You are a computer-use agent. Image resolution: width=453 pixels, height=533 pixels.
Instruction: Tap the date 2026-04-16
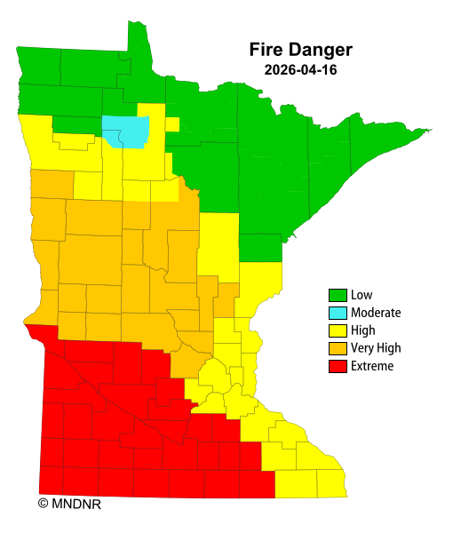[300, 68]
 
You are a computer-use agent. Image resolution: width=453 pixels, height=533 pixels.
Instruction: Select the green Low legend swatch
[338, 295]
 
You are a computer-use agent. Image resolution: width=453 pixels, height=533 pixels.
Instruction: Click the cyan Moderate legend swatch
[338, 313]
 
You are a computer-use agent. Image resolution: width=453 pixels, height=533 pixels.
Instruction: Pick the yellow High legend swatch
[338, 330]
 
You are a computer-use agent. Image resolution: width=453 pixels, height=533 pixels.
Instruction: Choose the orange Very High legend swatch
[338, 348]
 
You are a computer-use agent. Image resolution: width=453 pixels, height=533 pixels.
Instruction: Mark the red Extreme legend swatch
[338, 366]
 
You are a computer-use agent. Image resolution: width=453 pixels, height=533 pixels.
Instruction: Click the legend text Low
[361, 295]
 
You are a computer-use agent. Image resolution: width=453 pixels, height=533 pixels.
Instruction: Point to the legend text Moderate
[376, 313]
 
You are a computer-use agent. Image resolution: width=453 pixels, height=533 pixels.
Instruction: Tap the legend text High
[362, 330]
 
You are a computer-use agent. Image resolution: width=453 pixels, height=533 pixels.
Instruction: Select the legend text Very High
[376, 348]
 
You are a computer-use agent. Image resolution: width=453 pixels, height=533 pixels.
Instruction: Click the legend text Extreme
[371, 366]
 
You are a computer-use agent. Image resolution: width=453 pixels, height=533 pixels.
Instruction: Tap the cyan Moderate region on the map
[124, 131]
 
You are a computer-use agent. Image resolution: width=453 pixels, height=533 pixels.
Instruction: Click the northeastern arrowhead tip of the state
[429, 131]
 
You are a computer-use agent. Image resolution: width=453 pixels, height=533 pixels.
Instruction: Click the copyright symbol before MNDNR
[43, 504]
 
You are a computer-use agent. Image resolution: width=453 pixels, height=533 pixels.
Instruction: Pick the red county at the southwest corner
[52, 479]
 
